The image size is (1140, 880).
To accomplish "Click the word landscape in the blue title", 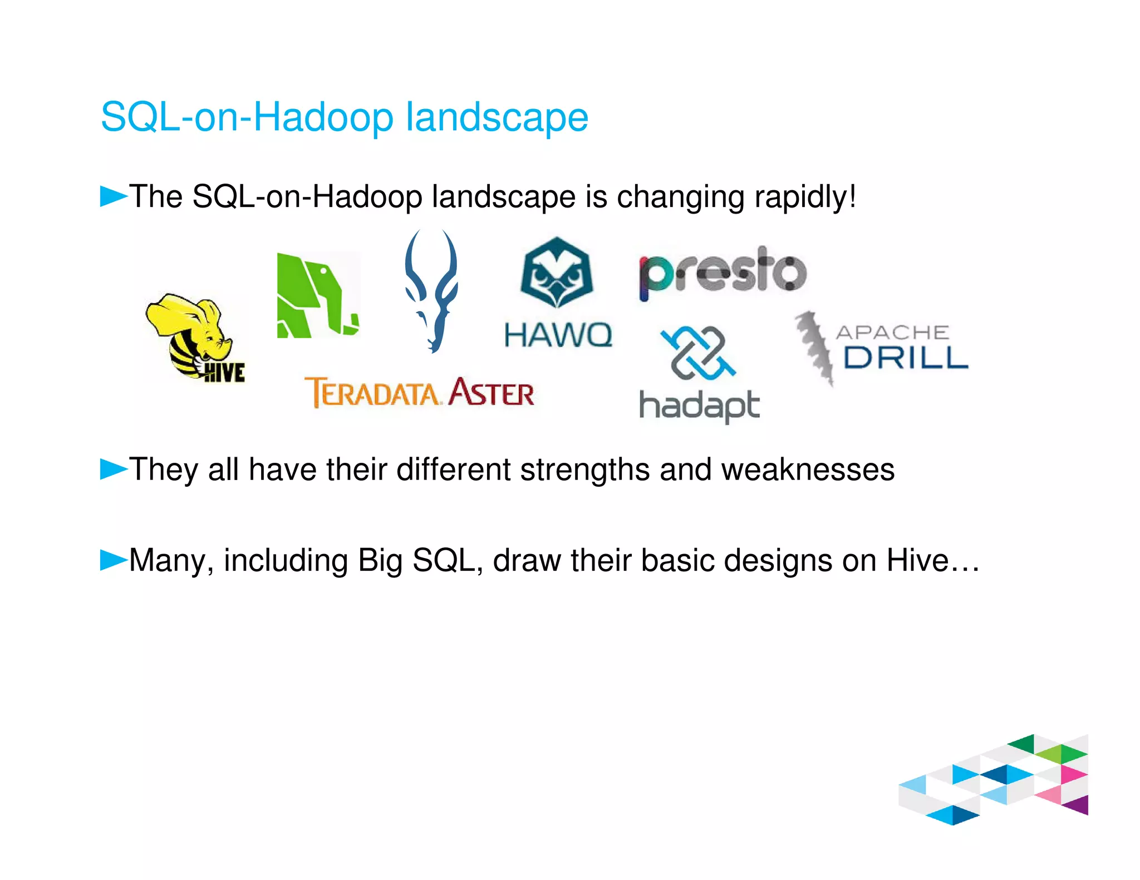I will pos(497,118).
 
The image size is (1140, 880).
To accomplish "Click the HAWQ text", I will pos(558,335).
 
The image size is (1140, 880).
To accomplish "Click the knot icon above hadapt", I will pos(698,353).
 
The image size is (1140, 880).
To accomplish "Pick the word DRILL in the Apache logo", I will pos(906,358).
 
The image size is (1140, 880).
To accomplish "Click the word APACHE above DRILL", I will pos(892,332).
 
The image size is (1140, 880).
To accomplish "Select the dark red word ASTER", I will pos(491,393).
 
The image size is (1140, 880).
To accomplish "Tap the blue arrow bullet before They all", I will pos(113,469).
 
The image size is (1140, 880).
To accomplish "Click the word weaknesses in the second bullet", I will pos(808,469).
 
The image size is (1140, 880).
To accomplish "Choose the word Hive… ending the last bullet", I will pos(932,560).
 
